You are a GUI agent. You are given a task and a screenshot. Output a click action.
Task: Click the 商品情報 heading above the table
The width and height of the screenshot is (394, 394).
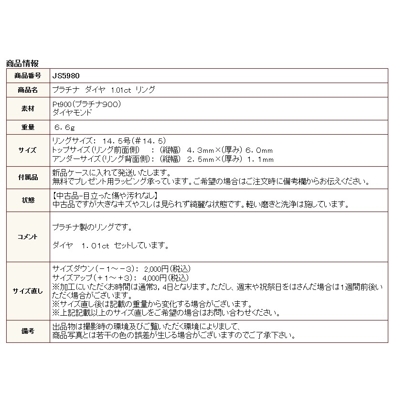coord(22,63)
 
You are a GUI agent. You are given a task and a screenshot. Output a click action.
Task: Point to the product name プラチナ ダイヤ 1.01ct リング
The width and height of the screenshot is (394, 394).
coord(103,90)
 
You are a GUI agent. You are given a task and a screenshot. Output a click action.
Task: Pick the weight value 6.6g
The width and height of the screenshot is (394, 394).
coord(65,128)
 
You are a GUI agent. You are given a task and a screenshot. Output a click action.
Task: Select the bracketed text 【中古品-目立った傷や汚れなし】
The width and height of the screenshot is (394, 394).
coord(105,196)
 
